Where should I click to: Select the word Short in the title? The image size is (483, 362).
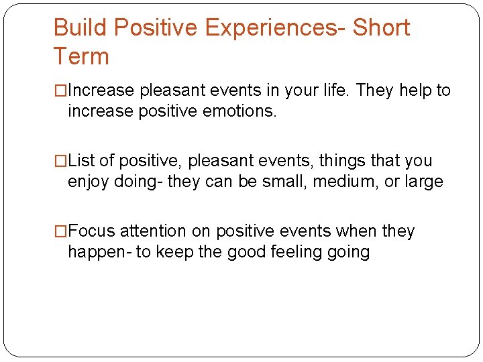381,28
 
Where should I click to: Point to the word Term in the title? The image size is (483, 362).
80,57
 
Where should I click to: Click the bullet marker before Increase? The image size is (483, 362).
60,90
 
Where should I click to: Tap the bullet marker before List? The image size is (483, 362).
60,161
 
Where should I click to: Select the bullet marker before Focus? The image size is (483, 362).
60,231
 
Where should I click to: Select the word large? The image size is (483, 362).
423,182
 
